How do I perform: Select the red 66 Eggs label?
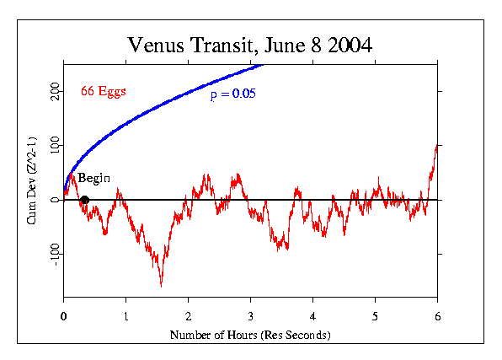pos(103,91)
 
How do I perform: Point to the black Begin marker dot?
pos(84,200)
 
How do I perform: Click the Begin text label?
pos(93,179)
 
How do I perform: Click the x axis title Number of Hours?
pos(250,335)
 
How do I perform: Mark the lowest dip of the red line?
pos(161,286)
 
